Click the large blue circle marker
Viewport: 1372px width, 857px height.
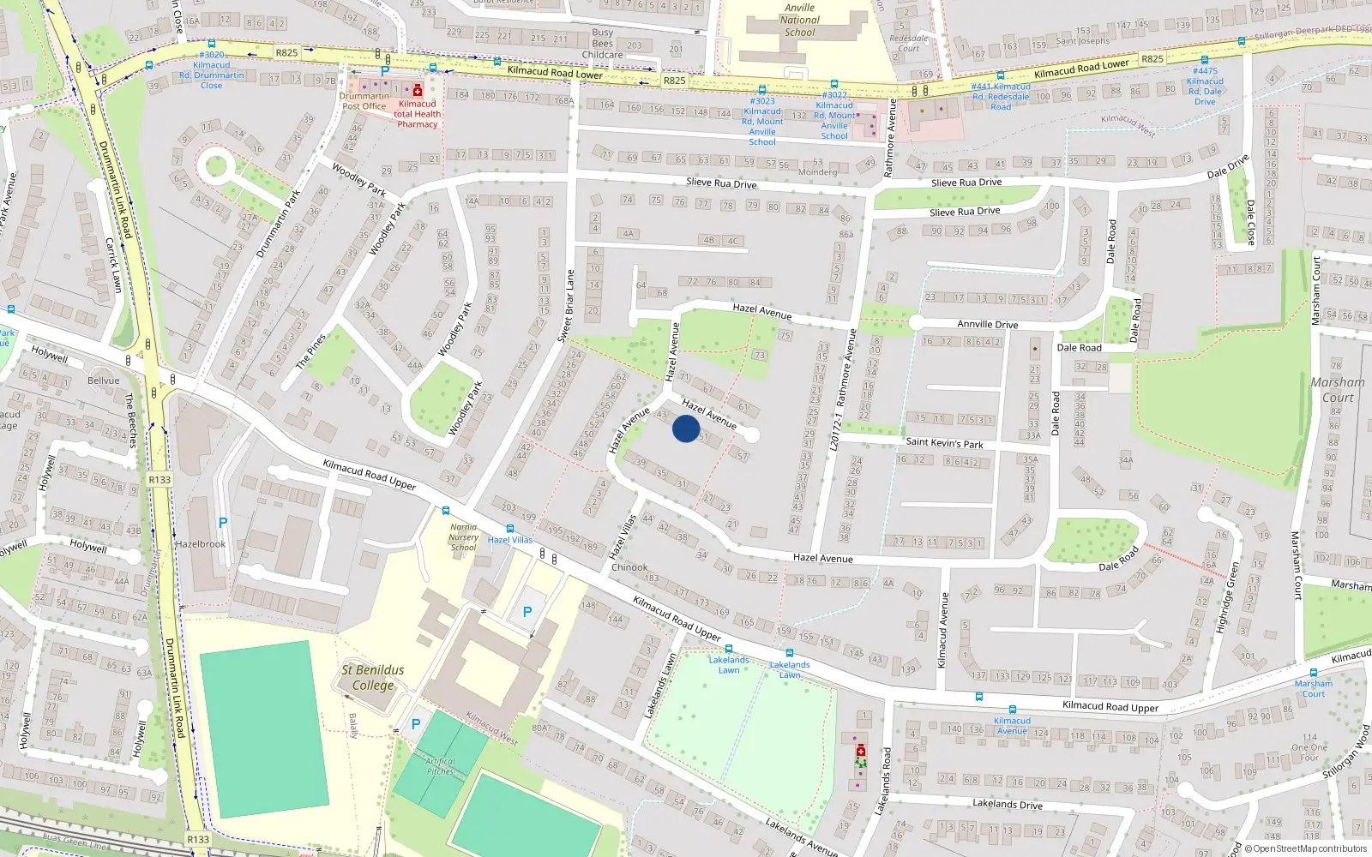point(686,428)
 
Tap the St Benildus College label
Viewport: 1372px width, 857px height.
point(372,677)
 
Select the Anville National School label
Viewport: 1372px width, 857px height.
point(799,20)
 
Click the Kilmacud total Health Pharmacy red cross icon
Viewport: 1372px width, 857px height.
point(418,91)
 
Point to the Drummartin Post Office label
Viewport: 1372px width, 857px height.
point(364,101)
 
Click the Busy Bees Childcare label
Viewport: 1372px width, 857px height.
point(602,44)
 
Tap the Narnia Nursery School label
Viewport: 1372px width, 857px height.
point(463,537)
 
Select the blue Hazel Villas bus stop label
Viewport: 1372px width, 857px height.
point(510,540)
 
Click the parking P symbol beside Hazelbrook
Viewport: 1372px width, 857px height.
point(223,522)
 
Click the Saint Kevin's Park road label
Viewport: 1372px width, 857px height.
point(944,443)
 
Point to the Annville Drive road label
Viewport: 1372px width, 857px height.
point(987,324)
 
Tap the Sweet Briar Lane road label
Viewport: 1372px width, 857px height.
point(567,306)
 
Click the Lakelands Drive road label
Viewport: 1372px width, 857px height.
point(1007,804)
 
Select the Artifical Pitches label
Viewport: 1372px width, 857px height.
point(440,766)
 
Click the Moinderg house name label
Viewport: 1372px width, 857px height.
point(817,172)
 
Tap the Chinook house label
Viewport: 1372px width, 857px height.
point(629,567)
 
